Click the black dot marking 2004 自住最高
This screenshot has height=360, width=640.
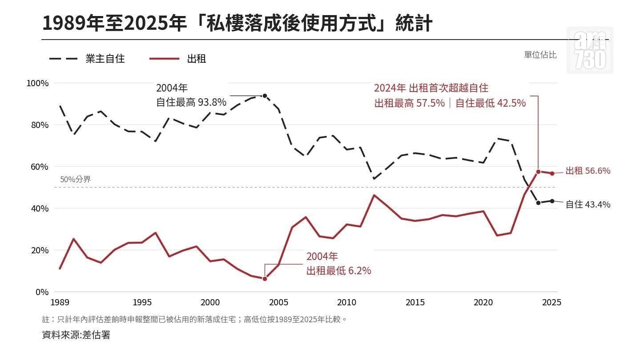[x=265, y=96]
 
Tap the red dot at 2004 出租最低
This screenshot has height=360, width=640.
[x=265, y=279]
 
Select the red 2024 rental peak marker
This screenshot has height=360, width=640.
[x=538, y=172]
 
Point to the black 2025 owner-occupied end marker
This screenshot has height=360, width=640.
[x=552, y=201]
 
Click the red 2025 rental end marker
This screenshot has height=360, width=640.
[x=552, y=174]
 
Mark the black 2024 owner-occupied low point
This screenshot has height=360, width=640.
[x=538, y=203]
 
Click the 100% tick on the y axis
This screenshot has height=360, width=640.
[x=37, y=84]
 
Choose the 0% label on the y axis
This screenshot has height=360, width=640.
[x=42, y=292]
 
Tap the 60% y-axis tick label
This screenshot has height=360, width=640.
[x=40, y=167]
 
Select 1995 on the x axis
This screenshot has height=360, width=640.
[x=142, y=302]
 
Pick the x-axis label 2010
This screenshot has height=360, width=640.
[x=346, y=302]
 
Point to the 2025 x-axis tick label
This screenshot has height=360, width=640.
[x=551, y=302]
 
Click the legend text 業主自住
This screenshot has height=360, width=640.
[x=105, y=59]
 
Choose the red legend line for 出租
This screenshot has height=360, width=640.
[x=164, y=59]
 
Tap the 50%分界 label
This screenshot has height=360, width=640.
[x=75, y=179]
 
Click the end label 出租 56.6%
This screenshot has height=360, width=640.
[x=588, y=171]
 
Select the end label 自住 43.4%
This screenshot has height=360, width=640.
[x=588, y=204]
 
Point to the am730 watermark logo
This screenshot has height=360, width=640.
[x=590, y=50]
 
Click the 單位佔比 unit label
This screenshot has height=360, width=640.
[x=540, y=55]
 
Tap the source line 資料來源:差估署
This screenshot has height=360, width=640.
[x=76, y=335]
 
